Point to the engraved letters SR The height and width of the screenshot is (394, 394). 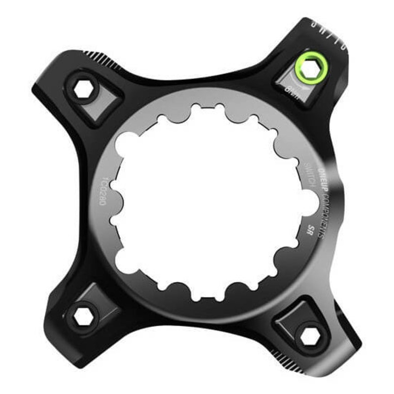point(311,229)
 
